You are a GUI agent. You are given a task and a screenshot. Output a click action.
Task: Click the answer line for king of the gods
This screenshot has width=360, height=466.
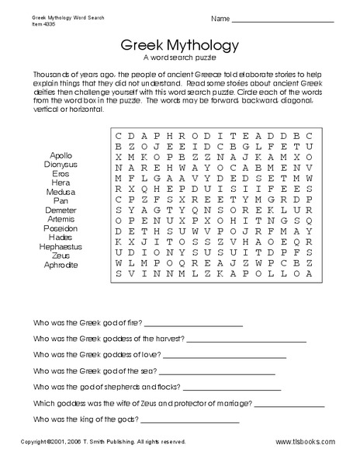pos(190,421)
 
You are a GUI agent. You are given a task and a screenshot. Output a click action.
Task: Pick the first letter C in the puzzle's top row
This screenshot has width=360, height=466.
pos(119,134)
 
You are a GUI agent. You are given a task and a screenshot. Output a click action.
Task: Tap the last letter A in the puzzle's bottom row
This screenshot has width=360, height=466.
pos(308,273)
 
